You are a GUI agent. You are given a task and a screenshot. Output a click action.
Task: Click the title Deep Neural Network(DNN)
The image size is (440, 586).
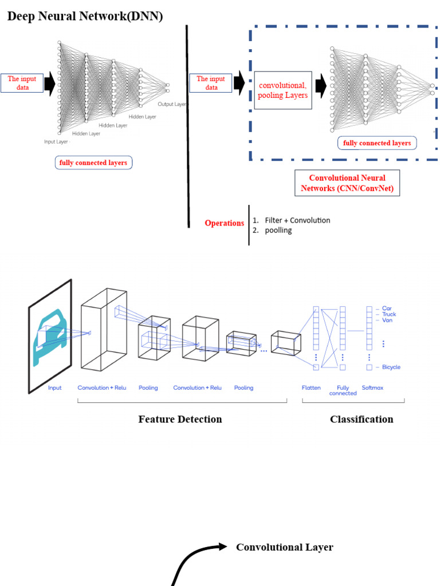pyautogui.click(x=85, y=16)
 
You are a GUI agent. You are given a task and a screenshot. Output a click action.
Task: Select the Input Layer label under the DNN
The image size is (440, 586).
pyautogui.click(x=56, y=141)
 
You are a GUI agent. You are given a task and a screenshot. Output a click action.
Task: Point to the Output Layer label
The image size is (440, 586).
pyautogui.click(x=172, y=104)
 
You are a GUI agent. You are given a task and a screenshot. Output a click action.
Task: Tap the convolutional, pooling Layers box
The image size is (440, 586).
pyautogui.click(x=282, y=90)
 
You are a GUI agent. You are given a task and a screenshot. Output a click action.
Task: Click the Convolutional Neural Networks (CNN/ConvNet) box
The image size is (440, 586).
pyautogui.click(x=347, y=183)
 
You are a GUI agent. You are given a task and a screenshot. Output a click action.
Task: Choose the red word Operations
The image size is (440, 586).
pyautogui.click(x=225, y=223)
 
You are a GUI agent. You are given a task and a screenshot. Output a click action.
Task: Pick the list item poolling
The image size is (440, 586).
pyautogui.click(x=278, y=230)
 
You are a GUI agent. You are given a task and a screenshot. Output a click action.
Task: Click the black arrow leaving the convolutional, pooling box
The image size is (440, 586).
pyautogui.click(x=320, y=86)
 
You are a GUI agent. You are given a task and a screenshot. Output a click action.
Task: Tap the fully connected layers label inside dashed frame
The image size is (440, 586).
pyautogui.click(x=377, y=143)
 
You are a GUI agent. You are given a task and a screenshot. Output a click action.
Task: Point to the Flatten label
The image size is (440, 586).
pyautogui.click(x=311, y=388)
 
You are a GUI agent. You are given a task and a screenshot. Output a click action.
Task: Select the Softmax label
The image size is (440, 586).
pyautogui.click(x=372, y=388)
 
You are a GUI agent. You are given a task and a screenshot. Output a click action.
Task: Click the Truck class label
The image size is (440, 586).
pyautogui.click(x=389, y=314)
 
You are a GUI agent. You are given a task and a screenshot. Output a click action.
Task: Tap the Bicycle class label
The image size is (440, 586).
pyautogui.click(x=391, y=367)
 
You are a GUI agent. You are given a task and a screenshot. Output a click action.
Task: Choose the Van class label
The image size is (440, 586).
pyautogui.click(x=387, y=320)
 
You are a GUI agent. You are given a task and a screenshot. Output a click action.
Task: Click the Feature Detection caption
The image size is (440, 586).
pyautogui.click(x=180, y=419)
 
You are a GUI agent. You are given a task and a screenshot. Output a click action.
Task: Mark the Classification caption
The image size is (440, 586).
pyautogui.click(x=362, y=419)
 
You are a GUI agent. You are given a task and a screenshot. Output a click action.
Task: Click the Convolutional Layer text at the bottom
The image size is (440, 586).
pyautogui.click(x=284, y=547)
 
